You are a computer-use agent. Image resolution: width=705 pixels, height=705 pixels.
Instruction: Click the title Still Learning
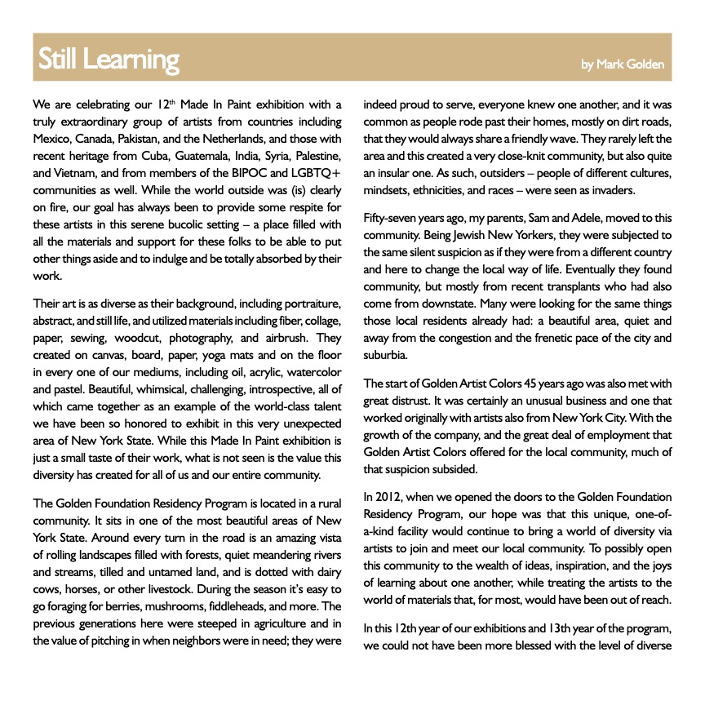109,60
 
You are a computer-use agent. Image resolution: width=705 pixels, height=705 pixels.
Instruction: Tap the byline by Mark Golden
623,64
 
